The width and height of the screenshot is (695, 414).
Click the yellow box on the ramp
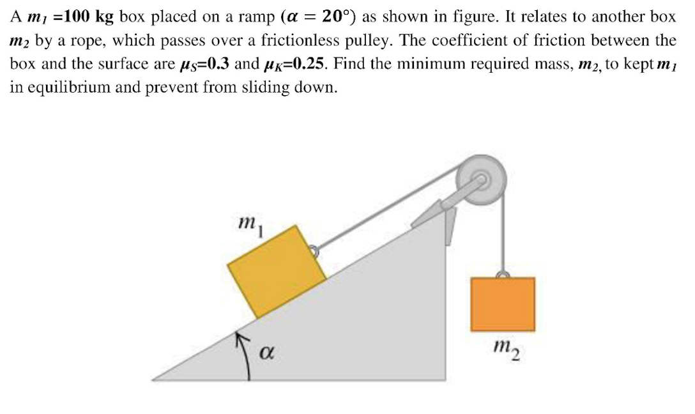[x=277, y=271]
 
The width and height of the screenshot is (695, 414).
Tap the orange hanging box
[x=503, y=304]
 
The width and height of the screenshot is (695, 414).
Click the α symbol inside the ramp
[x=270, y=352]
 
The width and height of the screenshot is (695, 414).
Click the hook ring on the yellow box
[x=314, y=251]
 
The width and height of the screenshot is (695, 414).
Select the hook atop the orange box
[x=503, y=275]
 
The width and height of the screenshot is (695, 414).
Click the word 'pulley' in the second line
[x=362, y=41]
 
